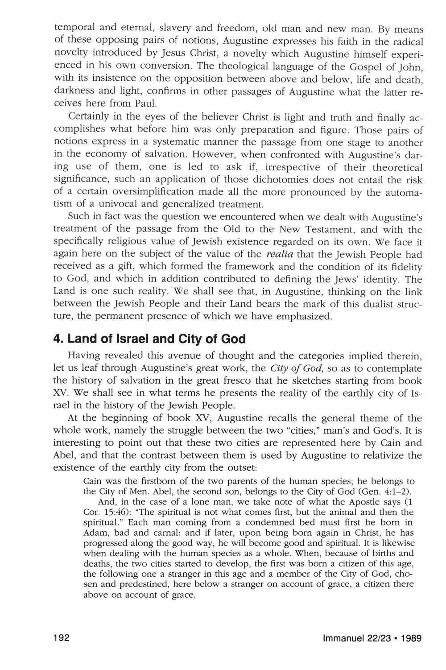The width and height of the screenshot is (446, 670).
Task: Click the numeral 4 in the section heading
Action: point(56,339)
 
